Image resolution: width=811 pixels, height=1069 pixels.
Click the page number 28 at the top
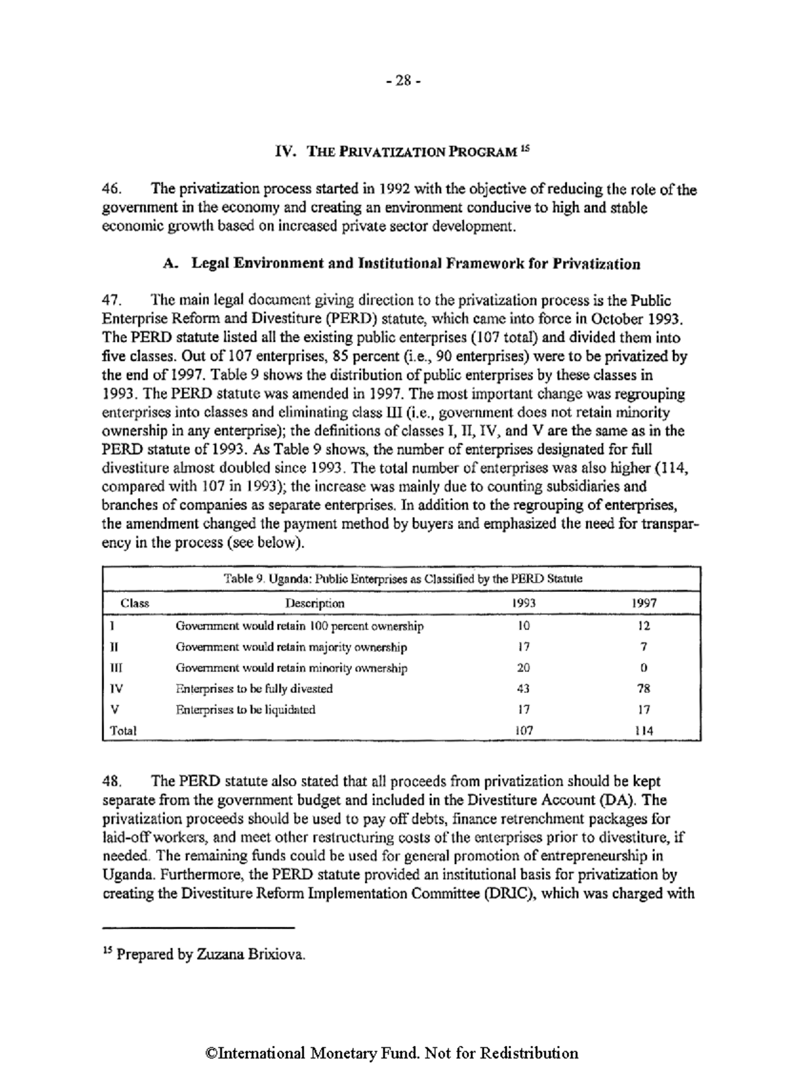(403, 81)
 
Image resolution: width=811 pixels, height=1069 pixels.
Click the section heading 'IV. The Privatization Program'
(398, 151)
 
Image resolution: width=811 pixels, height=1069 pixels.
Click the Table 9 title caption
(402, 579)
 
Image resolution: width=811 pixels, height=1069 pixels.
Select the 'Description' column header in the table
(314, 603)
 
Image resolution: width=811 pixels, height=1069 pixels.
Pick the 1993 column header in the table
(524, 603)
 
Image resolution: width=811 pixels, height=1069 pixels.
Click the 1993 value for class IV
(523, 689)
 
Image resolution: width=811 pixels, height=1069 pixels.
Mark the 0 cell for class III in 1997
(644, 668)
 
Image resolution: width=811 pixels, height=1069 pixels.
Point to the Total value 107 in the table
(524, 730)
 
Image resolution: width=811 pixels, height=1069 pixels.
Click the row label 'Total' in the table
(123, 730)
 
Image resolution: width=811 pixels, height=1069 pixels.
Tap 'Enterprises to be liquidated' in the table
(245, 710)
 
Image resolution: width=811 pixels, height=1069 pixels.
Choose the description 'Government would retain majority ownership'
(291, 647)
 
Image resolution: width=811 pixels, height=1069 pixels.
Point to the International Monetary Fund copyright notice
(392, 1053)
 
